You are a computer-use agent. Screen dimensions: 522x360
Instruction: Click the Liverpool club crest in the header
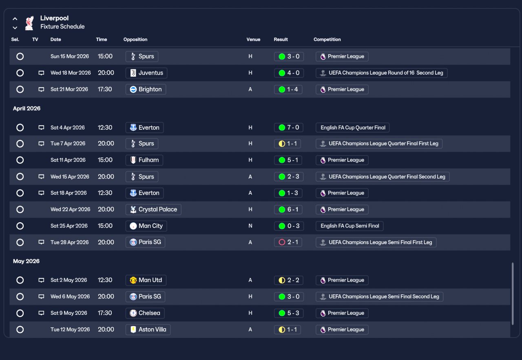point(29,23)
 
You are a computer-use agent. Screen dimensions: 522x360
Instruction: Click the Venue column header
point(253,40)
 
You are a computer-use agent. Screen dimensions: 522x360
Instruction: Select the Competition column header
point(327,40)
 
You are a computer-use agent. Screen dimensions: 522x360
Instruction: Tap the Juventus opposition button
point(146,73)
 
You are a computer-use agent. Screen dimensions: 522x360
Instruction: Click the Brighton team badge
point(133,89)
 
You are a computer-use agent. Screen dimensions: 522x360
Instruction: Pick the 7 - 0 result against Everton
point(288,128)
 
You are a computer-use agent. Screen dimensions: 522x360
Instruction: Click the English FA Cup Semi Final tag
point(349,226)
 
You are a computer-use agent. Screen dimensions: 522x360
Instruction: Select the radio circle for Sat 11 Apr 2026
point(20,160)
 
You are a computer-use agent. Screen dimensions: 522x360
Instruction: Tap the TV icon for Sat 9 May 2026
point(41,313)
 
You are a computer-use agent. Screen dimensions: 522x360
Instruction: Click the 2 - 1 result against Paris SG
point(288,242)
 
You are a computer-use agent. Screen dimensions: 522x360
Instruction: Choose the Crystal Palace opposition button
point(153,210)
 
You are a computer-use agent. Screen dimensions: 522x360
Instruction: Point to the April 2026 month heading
point(27,108)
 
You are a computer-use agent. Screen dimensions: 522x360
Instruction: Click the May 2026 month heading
point(26,261)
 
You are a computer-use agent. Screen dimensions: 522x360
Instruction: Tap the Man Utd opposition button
point(146,280)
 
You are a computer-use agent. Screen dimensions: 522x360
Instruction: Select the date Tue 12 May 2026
point(70,329)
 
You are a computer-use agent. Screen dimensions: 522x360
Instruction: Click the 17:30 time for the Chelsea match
point(105,313)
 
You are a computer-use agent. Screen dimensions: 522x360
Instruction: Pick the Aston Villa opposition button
point(148,329)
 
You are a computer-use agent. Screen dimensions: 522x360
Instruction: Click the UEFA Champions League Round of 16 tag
point(381,73)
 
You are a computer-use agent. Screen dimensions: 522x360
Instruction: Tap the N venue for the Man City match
point(250,226)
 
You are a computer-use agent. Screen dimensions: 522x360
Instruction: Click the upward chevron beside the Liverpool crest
point(15,19)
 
